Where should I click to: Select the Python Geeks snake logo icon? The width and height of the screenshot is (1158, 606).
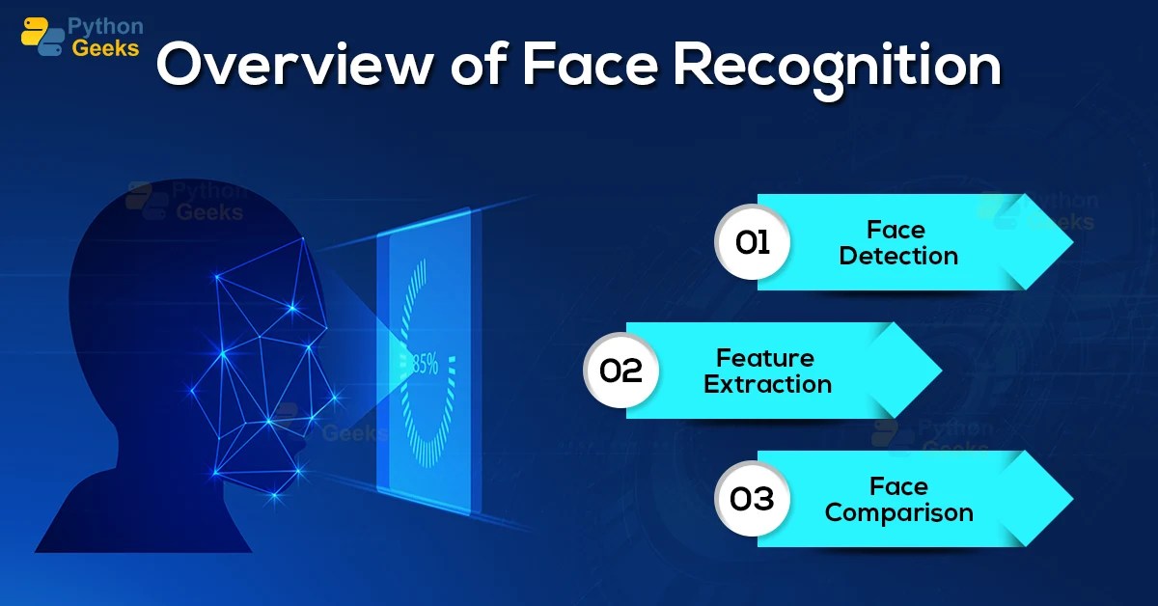41,37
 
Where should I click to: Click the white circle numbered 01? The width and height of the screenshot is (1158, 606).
753,242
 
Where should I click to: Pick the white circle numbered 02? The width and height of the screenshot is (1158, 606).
621,371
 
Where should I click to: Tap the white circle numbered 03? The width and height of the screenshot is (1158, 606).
753,499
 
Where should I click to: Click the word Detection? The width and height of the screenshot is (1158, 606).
898,256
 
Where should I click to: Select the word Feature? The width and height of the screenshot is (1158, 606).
765,358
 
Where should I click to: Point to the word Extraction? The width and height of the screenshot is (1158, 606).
767,384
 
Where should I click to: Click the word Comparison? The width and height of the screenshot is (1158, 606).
898,512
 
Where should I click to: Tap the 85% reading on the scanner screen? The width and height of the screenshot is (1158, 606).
425,364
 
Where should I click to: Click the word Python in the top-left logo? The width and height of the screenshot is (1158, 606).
105,26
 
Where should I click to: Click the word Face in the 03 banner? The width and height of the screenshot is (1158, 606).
898,486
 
